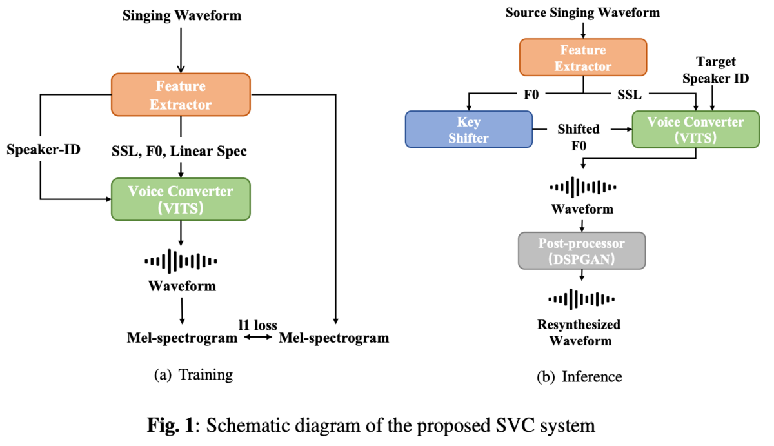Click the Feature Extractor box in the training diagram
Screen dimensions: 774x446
coord(181,94)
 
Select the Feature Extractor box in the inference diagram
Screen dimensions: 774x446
coord(583,57)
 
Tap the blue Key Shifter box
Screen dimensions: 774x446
coord(468,129)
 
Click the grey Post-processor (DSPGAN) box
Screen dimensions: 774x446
coord(582,250)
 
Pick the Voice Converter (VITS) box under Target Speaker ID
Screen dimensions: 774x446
coord(695,129)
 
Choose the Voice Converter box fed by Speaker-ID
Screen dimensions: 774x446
coord(181,199)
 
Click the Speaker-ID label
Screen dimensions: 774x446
coord(44,149)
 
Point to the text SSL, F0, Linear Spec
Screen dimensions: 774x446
coord(179,151)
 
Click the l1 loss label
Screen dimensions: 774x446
coord(258,325)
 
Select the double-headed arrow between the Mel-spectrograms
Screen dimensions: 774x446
coord(258,337)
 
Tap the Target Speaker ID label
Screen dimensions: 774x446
coord(715,70)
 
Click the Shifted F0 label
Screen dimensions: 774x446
coord(579,137)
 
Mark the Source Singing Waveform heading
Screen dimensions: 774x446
coord(582,12)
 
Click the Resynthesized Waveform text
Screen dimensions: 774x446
coord(579,332)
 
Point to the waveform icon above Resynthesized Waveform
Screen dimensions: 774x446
coord(582,299)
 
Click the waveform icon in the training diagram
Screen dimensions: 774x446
coord(181,261)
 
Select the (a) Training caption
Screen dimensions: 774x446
coord(193,375)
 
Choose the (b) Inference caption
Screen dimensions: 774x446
coord(579,377)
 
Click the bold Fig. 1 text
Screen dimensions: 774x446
coord(170,425)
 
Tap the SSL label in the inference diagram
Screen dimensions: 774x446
coord(630,95)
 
